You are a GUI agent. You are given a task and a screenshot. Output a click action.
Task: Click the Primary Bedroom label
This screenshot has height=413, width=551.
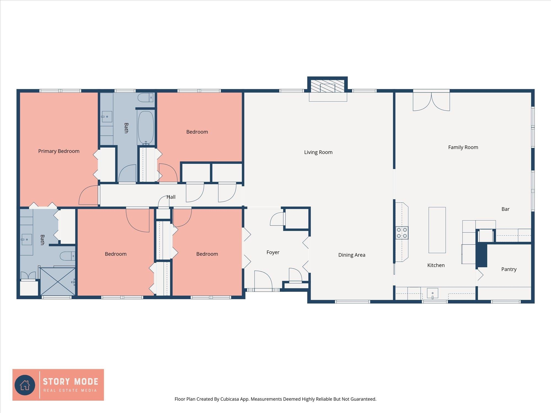click(59, 151)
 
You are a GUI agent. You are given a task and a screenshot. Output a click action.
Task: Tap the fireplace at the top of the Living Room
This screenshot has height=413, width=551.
click(327, 86)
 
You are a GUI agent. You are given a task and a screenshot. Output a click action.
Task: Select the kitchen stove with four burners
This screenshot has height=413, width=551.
click(402, 233)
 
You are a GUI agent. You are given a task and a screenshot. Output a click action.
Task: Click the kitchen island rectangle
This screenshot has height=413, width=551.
click(437, 230)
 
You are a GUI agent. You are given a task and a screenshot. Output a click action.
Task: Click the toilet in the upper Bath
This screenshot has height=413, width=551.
click(145, 97)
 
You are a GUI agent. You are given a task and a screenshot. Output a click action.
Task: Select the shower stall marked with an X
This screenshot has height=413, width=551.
click(58, 281)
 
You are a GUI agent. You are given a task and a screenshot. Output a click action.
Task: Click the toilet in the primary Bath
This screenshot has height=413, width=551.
click(67, 256)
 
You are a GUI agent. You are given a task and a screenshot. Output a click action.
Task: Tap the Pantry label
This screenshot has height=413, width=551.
click(509, 269)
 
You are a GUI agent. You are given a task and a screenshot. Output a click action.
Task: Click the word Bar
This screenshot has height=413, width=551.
click(505, 209)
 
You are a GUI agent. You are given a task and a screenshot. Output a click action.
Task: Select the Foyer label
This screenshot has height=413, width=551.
click(273, 252)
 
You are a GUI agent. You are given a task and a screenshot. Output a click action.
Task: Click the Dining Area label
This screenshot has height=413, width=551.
click(352, 255)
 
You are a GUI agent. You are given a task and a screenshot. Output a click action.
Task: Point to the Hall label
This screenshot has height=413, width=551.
click(171, 197)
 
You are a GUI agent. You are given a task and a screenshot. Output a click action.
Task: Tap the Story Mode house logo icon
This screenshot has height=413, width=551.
click(25, 385)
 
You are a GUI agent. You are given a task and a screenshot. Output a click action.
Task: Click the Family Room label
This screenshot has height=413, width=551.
click(463, 147)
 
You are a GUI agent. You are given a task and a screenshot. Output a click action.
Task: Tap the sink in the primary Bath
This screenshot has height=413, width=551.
click(26, 240)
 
